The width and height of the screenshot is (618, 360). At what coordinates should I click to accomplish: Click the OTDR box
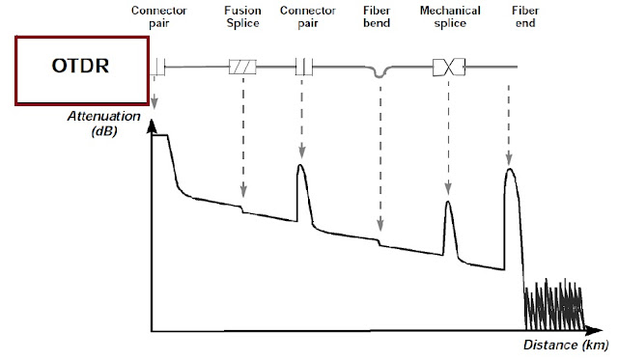coord(79,69)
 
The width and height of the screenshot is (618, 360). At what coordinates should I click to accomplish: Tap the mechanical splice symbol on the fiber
coord(449,67)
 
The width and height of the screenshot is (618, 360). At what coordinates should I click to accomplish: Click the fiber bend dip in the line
coord(380,72)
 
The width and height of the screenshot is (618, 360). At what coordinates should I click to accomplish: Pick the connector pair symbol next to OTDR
coord(158,67)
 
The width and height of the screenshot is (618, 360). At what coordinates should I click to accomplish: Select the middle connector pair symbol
coord(302,67)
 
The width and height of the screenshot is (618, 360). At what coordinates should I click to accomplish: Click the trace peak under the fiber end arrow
coord(509,171)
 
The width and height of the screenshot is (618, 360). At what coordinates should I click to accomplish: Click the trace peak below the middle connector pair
coord(300,167)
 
